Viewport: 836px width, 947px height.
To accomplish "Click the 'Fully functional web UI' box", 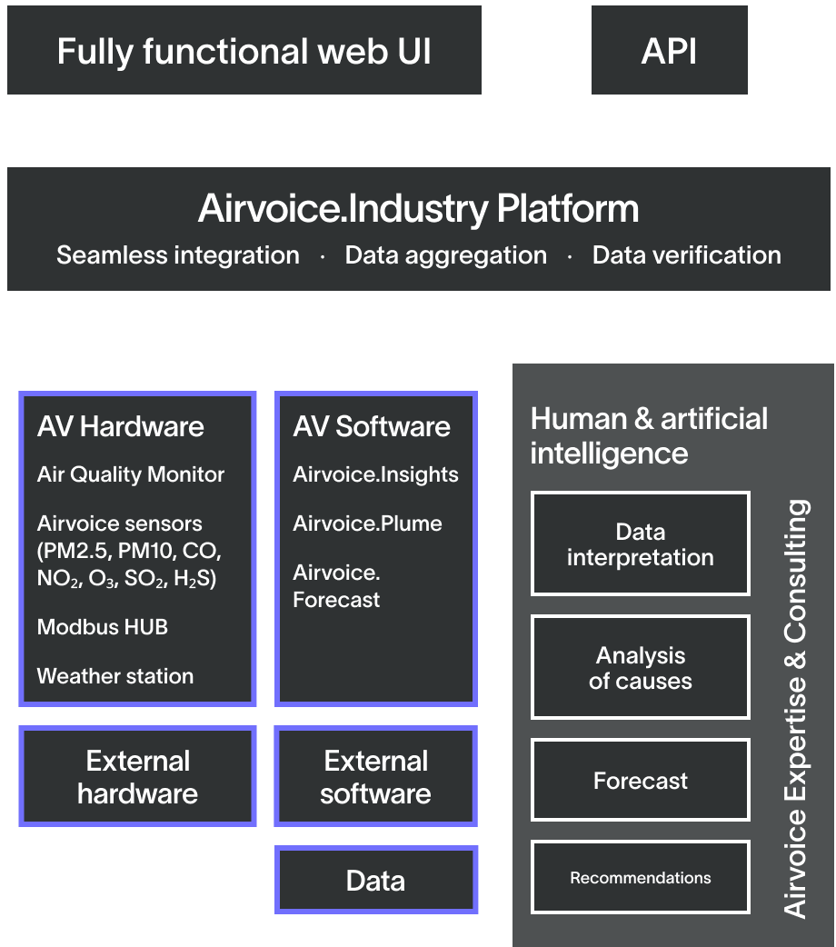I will pyautogui.click(x=244, y=51).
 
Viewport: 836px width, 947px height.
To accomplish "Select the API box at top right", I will pyautogui.click(x=669, y=51).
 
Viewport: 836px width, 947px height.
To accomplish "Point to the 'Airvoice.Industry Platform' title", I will pyautogui.click(x=418, y=209).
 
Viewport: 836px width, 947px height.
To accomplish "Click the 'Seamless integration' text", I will pyautogui.click(x=178, y=255).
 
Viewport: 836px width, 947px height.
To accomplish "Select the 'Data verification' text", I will pyautogui.click(x=686, y=255).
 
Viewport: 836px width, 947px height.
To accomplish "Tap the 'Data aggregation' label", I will pyautogui.click(x=445, y=255).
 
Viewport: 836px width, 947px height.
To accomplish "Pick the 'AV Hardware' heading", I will pyautogui.click(x=121, y=426).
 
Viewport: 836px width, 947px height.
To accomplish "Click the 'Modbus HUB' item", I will pyautogui.click(x=103, y=627).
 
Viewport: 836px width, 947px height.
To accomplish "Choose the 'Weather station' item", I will pyautogui.click(x=115, y=676).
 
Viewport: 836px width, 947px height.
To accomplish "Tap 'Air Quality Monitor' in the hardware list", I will pyautogui.click(x=131, y=474).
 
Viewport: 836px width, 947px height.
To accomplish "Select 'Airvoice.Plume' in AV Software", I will pyautogui.click(x=367, y=523).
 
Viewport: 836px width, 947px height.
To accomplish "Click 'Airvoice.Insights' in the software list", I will pyautogui.click(x=375, y=474).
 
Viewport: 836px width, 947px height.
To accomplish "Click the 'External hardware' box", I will pyautogui.click(x=137, y=776).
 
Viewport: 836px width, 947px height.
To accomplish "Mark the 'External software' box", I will pyautogui.click(x=375, y=776).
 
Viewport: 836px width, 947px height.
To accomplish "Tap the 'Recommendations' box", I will pyautogui.click(x=641, y=877).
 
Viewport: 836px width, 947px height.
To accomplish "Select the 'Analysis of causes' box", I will pyautogui.click(x=641, y=668).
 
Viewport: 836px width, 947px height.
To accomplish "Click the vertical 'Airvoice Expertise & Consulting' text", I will pyautogui.click(x=795, y=709).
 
